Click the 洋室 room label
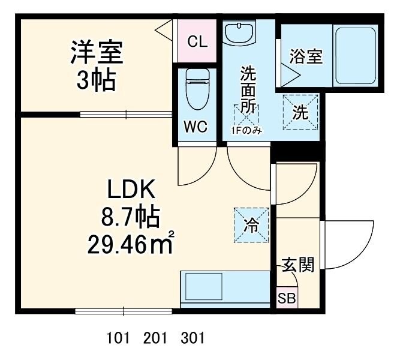pyautogui.click(x=97, y=53)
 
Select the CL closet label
pyautogui.click(x=197, y=41)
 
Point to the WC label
pyautogui.click(x=196, y=127)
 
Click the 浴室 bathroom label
pyautogui.click(x=306, y=58)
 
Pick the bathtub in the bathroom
pyautogui.click(x=356, y=55)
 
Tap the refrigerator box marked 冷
pyautogui.click(x=251, y=226)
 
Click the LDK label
pyautogui.click(x=131, y=191)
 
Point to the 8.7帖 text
pyautogui.click(x=131, y=217)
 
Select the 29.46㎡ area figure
pyautogui.click(x=131, y=243)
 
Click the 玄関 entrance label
pyautogui.click(x=298, y=265)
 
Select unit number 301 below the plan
pyautogui.click(x=193, y=338)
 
